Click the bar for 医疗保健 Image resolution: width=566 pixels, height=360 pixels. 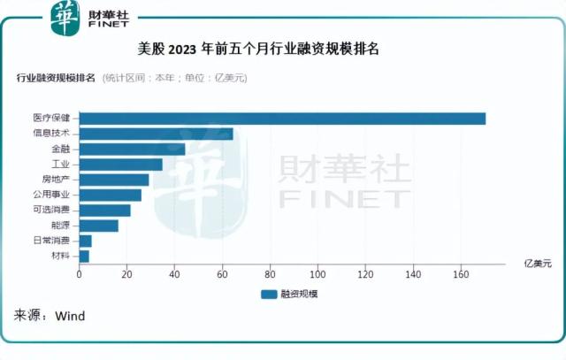[283, 119]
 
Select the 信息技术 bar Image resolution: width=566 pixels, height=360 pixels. [157, 134]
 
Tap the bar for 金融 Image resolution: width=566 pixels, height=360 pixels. [133, 149]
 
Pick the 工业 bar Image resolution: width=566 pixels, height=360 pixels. [121, 165]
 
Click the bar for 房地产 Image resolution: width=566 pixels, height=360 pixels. [114, 180]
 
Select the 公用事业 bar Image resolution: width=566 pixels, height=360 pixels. [111, 195]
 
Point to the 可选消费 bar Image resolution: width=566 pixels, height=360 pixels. [105, 210]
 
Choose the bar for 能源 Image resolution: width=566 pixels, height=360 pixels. [99, 226]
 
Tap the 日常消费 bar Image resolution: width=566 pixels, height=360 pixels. [86, 241]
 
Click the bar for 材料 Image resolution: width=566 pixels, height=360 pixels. [85, 256]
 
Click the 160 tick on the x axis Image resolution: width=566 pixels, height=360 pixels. [460, 275]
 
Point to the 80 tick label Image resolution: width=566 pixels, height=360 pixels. [270, 275]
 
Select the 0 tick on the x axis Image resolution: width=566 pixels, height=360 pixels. [80, 275]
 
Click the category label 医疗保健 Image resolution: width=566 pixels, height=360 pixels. [52, 119]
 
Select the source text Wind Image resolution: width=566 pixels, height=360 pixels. [70, 316]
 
